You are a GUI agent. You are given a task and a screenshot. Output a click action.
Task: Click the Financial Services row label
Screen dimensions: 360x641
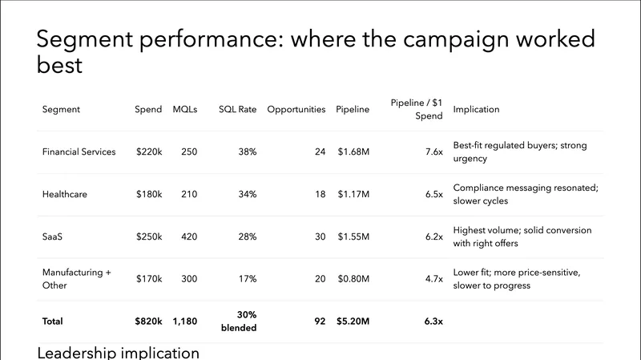click(x=79, y=152)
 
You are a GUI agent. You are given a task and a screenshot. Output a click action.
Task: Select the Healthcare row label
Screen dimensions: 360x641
click(x=64, y=194)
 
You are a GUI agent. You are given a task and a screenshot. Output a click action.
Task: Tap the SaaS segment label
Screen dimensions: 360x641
click(x=52, y=237)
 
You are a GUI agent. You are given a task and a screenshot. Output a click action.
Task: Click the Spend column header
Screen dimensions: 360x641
click(x=148, y=109)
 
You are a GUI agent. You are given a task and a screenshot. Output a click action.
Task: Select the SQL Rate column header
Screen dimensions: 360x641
click(x=238, y=109)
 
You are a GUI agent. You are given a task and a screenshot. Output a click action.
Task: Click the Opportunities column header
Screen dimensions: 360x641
click(x=296, y=109)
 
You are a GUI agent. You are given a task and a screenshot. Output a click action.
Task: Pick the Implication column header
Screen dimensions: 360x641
click(x=476, y=109)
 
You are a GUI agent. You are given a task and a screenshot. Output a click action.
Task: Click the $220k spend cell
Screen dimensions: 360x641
click(x=148, y=152)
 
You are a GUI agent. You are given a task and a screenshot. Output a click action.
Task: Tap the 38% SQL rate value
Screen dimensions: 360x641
click(x=247, y=152)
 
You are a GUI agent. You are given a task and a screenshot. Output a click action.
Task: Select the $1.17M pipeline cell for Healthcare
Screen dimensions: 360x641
click(x=353, y=194)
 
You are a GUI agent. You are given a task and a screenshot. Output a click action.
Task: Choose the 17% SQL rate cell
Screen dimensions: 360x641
click(x=247, y=279)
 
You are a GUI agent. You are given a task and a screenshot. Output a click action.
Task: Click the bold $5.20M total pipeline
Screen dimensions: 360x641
click(x=353, y=322)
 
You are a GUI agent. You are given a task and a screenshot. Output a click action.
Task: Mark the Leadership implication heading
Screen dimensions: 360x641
click(x=119, y=353)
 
